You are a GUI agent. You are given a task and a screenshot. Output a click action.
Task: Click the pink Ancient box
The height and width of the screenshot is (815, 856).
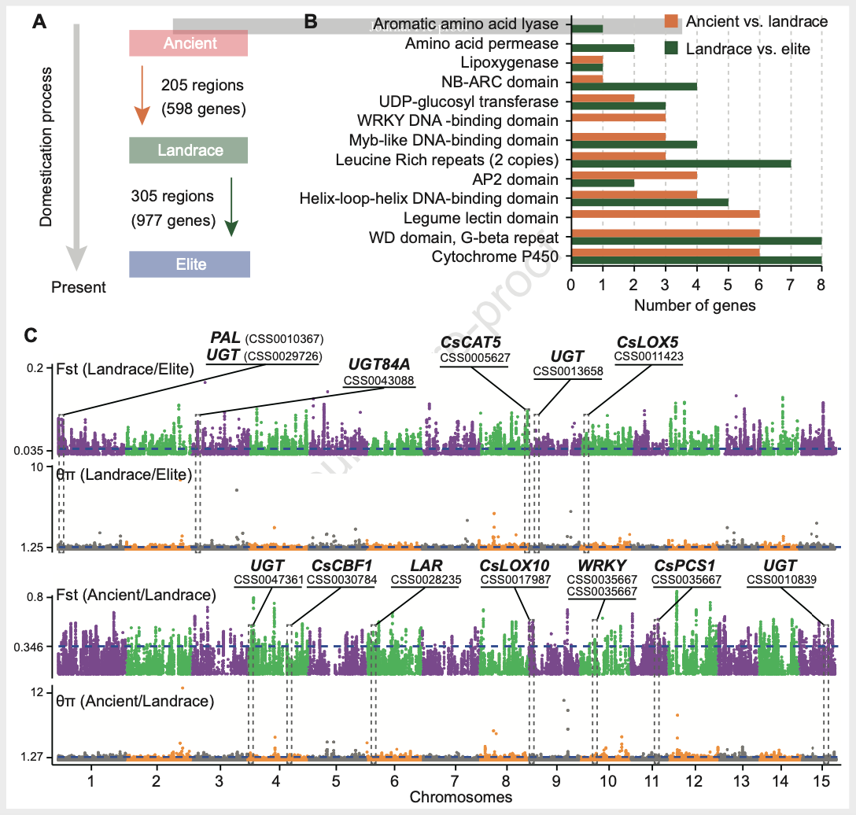click(189, 44)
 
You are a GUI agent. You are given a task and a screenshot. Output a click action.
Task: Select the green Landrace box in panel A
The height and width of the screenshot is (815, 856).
click(190, 149)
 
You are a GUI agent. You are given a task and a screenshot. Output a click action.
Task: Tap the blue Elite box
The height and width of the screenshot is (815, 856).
click(190, 264)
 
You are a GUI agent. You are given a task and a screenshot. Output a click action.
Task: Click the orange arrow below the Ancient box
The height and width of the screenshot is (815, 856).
click(141, 95)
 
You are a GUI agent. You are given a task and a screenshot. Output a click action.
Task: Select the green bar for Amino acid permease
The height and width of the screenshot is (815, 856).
click(603, 48)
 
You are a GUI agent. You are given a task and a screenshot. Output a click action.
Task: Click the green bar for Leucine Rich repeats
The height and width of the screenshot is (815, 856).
click(681, 164)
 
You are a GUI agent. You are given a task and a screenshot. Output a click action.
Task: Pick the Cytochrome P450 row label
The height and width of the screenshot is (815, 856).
click(496, 256)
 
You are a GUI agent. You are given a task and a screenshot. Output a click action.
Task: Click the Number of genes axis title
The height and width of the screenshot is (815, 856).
click(695, 305)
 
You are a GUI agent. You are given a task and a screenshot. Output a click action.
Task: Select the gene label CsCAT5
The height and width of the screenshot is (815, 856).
click(470, 341)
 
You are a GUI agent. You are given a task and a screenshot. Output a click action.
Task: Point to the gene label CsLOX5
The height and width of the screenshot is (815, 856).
click(648, 341)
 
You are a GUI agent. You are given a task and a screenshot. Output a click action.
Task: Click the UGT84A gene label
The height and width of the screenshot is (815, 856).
click(379, 365)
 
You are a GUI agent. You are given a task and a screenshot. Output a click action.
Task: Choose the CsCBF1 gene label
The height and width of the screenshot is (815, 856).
click(341, 565)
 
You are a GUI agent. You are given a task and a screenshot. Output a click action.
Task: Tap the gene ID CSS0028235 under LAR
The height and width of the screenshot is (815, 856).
click(426, 580)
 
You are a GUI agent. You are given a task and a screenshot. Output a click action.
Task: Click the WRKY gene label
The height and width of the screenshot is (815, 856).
click(602, 565)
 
